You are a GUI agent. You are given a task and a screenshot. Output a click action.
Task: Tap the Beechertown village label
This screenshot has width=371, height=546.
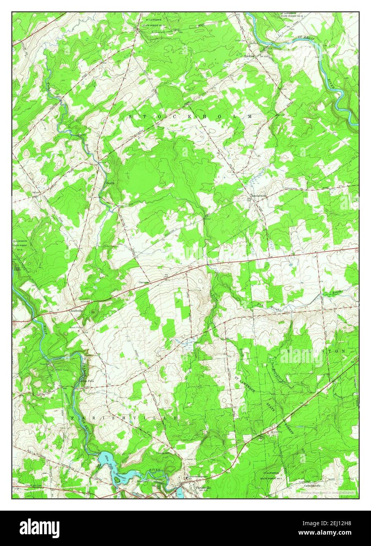pos(260,195)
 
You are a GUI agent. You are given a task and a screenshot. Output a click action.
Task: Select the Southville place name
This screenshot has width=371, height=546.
pos(77,310)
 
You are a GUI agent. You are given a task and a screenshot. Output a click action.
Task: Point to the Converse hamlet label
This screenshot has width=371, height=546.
pos(143,282)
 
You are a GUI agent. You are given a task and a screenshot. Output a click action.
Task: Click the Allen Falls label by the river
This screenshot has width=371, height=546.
pos(85,381)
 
